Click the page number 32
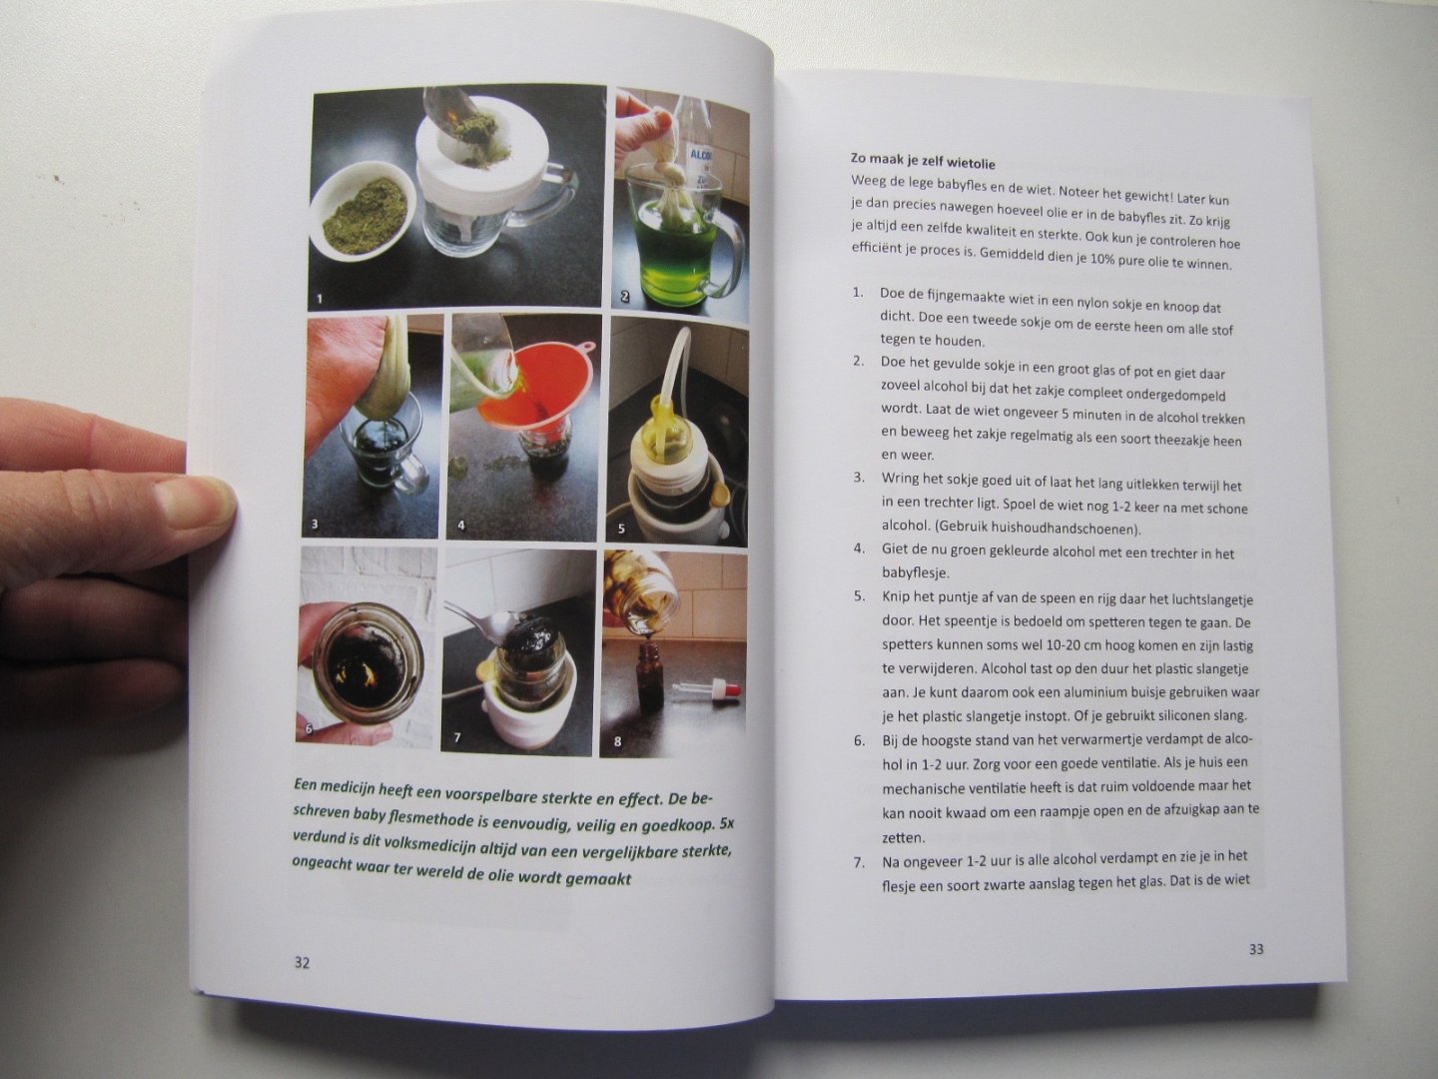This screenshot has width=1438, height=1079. click(x=302, y=963)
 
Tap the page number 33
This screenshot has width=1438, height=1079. click(x=1256, y=949)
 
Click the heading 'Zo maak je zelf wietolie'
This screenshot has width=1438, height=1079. click(x=923, y=161)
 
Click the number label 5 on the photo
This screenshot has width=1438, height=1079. click(x=621, y=530)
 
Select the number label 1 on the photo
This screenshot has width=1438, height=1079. click(x=320, y=299)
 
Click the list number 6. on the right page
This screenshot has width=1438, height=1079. click(x=860, y=740)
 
